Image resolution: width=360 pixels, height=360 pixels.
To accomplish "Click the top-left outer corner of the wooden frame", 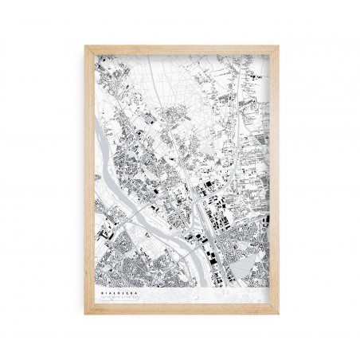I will (x=85, y=45).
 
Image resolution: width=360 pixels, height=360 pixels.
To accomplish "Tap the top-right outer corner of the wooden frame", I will (x=279, y=45).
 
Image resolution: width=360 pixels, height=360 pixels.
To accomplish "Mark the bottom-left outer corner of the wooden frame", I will (x=85, y=315).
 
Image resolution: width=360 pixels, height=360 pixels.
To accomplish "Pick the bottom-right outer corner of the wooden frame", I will (x=279, y=315).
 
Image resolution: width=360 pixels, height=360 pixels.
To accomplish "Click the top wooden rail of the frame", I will (x=182, y=49).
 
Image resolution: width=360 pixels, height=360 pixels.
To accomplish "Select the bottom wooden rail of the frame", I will (x=182, y=311).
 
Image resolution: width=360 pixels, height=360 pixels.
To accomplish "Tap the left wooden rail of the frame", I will (x=88, y=180).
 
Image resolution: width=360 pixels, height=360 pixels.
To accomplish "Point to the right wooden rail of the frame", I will (x=275, y=180).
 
